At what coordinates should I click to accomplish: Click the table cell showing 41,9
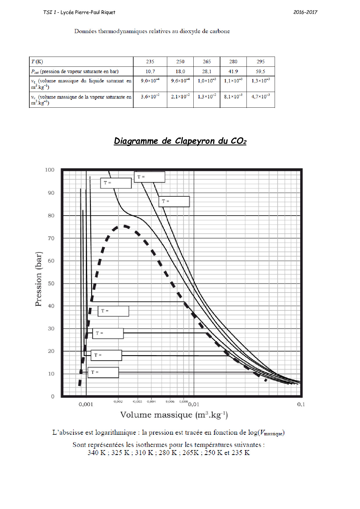tap(233, 71)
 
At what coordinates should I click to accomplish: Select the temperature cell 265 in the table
tap(207, 62)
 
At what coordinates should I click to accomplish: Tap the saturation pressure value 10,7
tap(150, 71)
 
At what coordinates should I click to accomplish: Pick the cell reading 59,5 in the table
tap(260, 71)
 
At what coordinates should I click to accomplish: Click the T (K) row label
tap(37, 62)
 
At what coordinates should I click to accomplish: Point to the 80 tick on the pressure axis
tap(51, 216)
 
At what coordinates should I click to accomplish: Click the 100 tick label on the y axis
tap(50, 170)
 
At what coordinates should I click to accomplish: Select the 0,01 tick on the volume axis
tap(194, 404)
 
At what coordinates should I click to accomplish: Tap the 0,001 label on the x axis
tap(86, 404)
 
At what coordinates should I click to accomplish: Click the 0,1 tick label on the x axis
tap(301, 404)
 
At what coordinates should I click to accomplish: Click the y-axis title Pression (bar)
tap(39, 279)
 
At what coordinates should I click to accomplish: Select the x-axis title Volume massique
tap(174, 415)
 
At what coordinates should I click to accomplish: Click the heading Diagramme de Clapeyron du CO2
tap(180, 141)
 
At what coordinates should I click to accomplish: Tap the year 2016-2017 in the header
tap(305, 12)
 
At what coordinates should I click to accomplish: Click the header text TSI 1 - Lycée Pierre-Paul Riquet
tap(79, 12)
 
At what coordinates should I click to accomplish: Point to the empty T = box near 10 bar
tap(103, 372)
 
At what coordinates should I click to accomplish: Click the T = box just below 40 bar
tap(113, 311)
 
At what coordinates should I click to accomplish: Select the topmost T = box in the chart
tap(150, 177)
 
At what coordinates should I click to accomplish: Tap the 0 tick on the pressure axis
tap(53, 396)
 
